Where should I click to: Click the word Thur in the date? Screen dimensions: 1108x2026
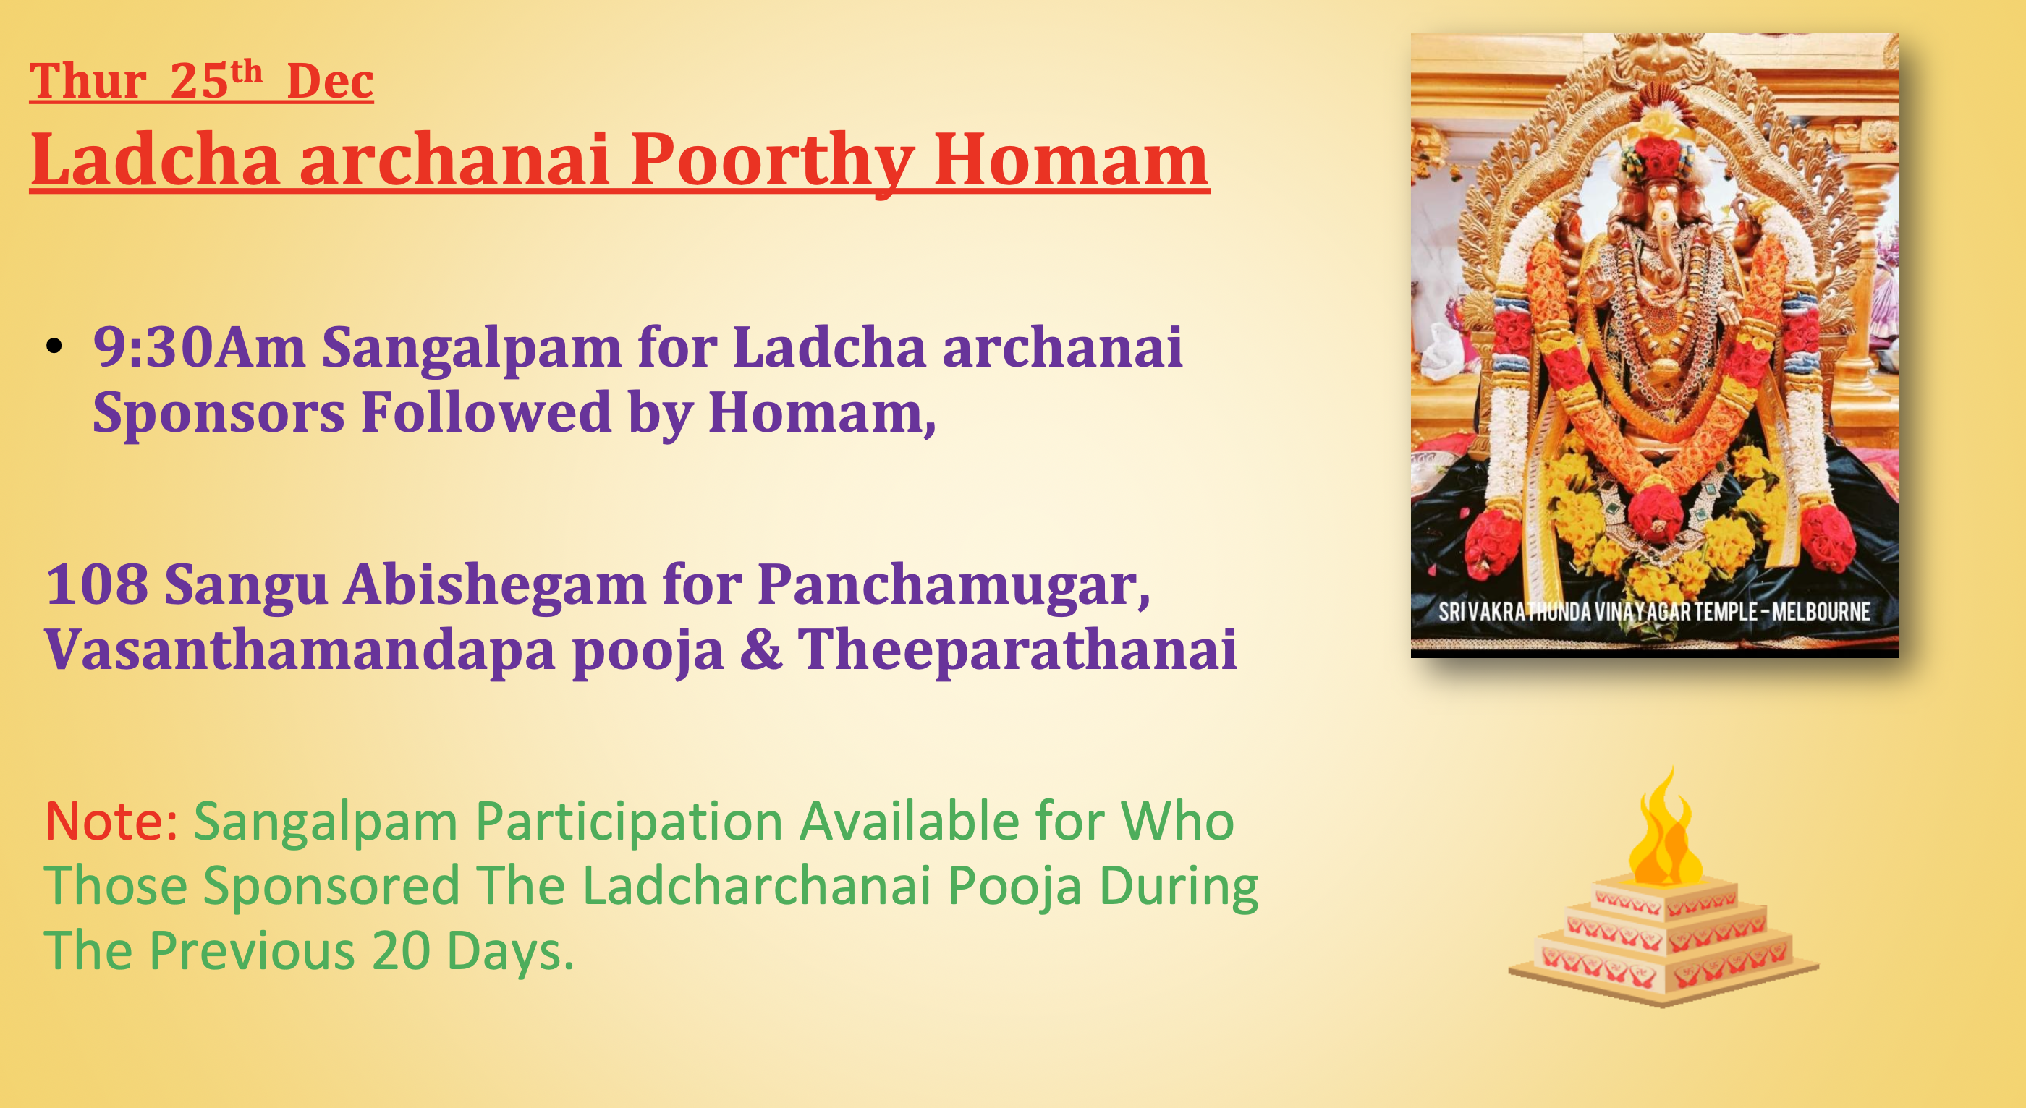88,81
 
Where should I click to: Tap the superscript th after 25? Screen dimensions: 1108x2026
246,72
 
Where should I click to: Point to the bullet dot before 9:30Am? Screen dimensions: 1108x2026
54,346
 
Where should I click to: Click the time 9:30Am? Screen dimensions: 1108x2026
198,346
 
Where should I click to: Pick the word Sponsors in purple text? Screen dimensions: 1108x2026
219,413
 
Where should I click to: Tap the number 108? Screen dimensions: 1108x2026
97,584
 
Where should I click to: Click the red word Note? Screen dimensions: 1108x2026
109,821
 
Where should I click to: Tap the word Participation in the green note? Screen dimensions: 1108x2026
630,821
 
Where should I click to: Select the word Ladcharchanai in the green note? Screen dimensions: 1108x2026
757,885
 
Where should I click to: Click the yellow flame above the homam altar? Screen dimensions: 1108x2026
1664,834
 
